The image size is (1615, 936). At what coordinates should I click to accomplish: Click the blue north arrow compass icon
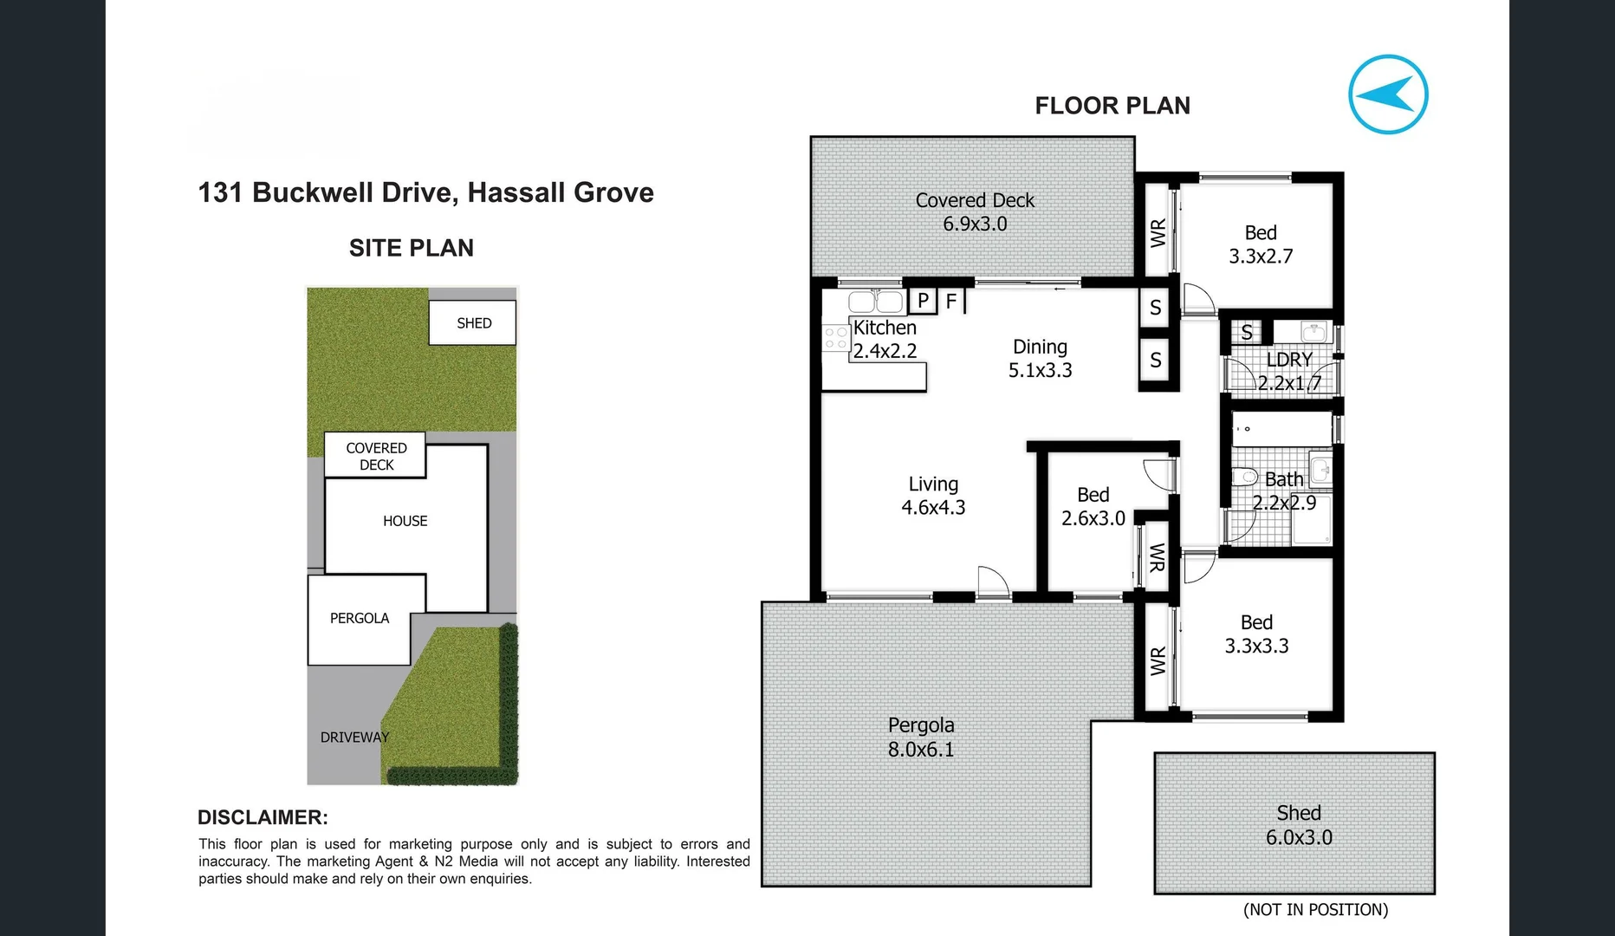(1388, 94)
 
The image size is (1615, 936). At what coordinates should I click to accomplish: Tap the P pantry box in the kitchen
(923, 301)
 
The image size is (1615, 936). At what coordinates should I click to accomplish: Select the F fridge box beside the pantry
(951, 301)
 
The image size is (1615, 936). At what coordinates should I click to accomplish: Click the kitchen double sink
(875, 302)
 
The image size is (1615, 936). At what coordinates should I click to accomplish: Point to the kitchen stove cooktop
(835, 338)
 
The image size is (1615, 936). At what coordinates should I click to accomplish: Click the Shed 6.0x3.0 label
(1298, 825)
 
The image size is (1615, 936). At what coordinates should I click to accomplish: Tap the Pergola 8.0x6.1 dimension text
(920, 750)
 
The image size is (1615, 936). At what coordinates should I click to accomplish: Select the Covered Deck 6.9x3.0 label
(975, 212)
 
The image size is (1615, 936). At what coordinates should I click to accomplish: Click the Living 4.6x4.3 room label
(933, 496)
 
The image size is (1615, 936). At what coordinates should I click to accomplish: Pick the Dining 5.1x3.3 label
(1040, 358)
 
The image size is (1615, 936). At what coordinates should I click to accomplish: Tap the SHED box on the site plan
(473, 323)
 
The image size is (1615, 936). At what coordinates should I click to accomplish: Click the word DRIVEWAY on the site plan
(354, 738)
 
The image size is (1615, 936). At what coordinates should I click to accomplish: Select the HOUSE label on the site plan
(405, 521)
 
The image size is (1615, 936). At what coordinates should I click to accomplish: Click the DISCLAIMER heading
(263, 817)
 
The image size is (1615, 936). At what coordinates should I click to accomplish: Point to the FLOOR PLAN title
(1112, 106)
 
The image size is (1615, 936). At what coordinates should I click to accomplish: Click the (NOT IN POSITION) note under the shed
(1315, 909)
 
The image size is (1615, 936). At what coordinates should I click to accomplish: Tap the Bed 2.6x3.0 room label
(1093, 506)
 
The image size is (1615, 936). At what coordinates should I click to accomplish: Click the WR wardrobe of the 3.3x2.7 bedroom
(1158, 233)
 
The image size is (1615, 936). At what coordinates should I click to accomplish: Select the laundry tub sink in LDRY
(1313, 332)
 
